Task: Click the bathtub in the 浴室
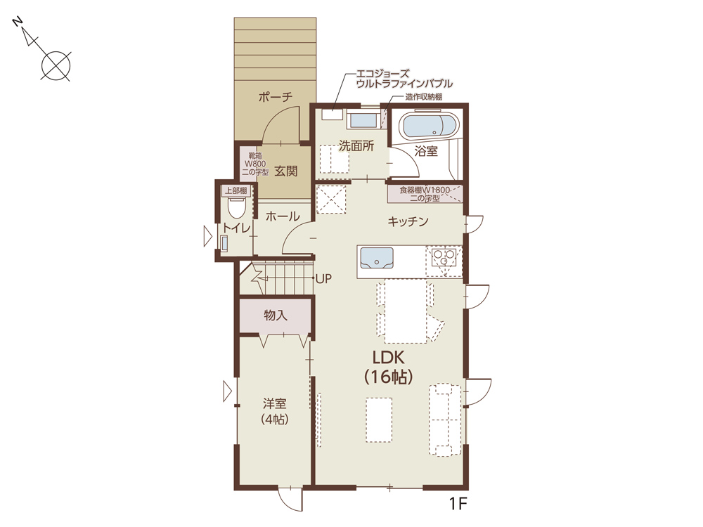point(430,125)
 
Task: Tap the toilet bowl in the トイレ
point(237,207)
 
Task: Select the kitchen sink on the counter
point(377,258)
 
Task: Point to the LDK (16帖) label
point(389,367)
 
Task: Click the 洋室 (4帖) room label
point(274,411)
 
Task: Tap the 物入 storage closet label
point(276,315)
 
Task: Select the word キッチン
point(408,221)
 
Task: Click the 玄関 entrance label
point(286,171)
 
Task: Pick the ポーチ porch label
point(276,96)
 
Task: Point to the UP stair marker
point(323,279)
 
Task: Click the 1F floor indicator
point(458,504)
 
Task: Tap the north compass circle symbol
point(56,66)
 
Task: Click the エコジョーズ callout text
point(382,74)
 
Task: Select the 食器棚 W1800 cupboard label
point(425,194)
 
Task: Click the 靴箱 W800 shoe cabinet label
point(256,164)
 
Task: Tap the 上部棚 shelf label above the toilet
point(236,190)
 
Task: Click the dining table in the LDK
point(406,311)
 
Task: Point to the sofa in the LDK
point(445,419)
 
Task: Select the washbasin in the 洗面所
point(363,121)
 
